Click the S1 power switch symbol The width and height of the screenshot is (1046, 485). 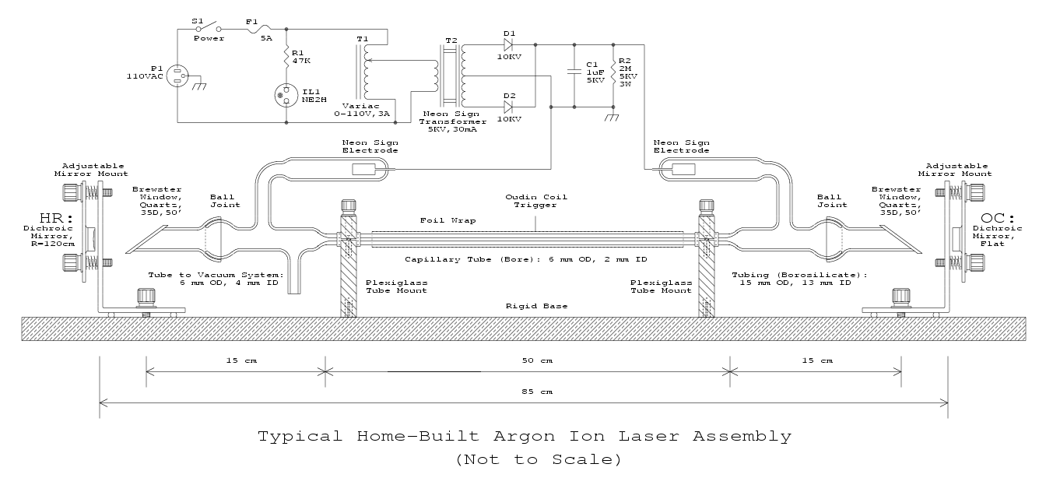209,26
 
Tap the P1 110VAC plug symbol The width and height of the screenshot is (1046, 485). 177,76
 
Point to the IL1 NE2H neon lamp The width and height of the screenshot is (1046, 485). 286,95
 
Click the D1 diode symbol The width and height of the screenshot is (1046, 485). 508,45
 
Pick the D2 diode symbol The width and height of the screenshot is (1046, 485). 508,107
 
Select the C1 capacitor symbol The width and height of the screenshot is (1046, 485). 574,72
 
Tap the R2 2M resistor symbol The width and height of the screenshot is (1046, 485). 613,72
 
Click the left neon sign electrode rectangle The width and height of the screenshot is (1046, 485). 363,169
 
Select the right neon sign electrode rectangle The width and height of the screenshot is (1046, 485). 683,169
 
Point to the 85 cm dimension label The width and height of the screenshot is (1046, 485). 537,392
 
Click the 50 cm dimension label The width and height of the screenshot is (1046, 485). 537,360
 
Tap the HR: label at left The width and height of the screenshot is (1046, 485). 57,218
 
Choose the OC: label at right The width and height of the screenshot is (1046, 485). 998,218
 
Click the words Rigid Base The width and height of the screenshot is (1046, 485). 536,306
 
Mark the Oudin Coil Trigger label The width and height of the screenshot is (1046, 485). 536,201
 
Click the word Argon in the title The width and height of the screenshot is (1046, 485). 525,437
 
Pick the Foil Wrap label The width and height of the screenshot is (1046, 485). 448,220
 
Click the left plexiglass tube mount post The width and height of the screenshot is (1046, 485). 349,259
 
